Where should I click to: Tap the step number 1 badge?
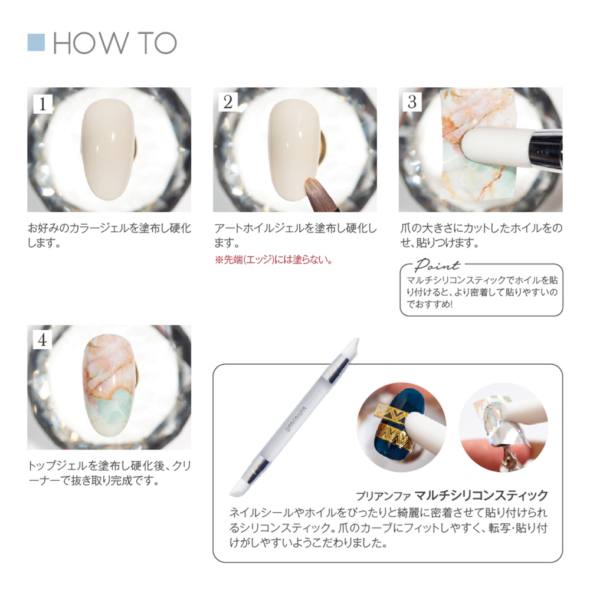42,102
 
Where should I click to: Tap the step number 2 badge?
228,102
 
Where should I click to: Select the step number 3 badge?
413,102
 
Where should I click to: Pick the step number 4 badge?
42,340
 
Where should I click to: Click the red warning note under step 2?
272,260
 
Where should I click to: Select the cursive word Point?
437,265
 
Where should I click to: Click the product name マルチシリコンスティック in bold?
481,495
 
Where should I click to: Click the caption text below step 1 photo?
109,235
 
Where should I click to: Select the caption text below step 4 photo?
109,472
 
